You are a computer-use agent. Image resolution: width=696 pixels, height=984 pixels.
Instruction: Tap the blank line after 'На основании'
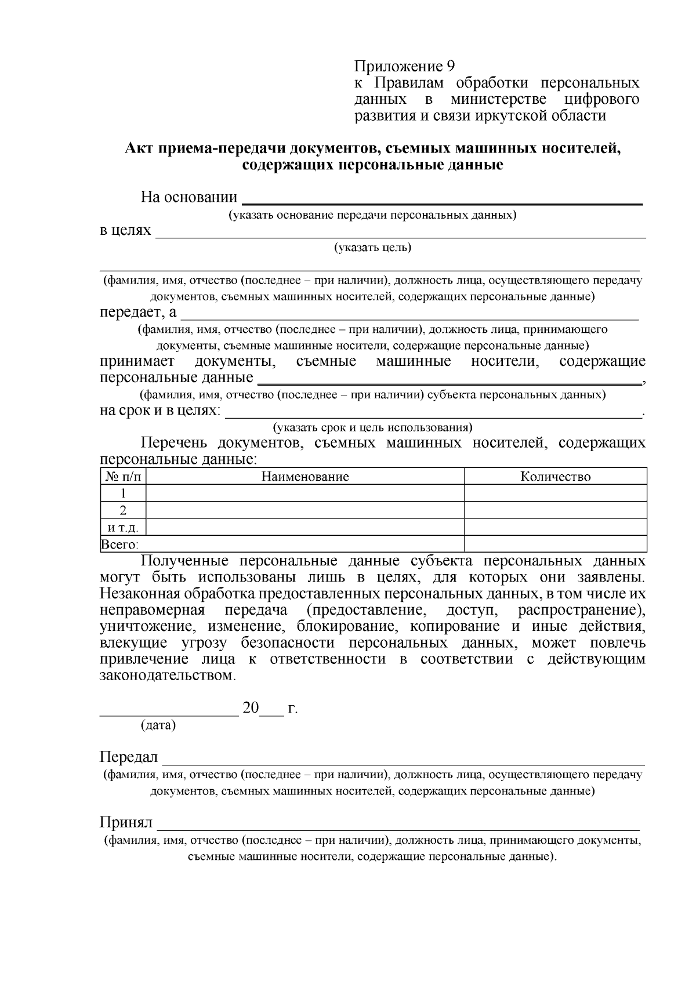pos(441,200)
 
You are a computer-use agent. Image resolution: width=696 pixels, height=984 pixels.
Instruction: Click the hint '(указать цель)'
pos(372,248)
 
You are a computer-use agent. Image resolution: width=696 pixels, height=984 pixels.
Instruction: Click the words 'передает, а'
pos(138,313)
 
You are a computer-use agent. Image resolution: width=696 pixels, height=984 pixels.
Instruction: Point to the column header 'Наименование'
pos(304,477)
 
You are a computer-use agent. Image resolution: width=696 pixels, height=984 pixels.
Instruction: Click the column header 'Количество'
pos(555,477)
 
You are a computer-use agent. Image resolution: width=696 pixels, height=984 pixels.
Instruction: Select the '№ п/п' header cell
pos(123,477)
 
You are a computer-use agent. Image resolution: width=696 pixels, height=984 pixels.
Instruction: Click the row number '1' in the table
pos(123,493)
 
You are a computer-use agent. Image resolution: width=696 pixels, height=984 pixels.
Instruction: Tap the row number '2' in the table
pos(123,510)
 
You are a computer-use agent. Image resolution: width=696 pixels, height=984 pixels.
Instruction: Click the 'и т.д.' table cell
pos(123,527)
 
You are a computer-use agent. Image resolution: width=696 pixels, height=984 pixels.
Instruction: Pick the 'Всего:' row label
pos(119,544)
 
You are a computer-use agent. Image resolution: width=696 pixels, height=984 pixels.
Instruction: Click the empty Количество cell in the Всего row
pos(555,544)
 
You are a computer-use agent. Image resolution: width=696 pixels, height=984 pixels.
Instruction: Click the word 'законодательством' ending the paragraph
pos(167,676)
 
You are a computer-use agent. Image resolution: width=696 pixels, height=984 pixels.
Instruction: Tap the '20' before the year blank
pos(251,708)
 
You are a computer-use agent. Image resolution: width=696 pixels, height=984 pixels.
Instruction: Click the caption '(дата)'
pos(158,725)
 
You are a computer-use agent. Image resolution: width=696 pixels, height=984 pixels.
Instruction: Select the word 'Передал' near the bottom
pos(129,757)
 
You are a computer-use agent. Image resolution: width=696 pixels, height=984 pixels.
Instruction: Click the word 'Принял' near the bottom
pos(126,822)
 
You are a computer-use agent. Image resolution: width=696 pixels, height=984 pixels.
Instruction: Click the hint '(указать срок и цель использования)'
pos(373,428)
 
